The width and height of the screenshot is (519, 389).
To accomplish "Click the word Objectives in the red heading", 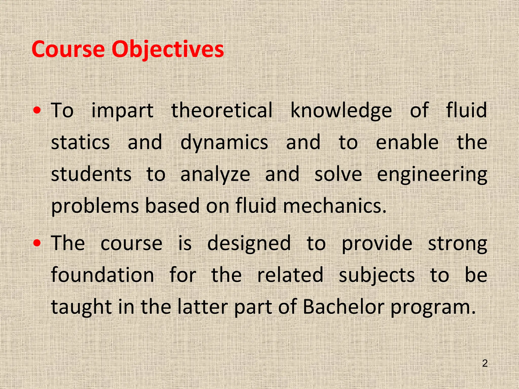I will coord(168,49).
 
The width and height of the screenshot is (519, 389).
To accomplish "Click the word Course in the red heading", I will coord(68,49).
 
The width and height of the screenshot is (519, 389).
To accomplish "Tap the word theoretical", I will coord(222,110).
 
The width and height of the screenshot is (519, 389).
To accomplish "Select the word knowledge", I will coord(341,110).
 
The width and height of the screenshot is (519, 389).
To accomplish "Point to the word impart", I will coord(122,110).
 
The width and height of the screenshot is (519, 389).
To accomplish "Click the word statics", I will coord(80,142).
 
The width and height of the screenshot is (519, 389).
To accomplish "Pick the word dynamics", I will coord(224,142).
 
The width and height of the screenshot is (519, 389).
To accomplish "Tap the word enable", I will coord(407,142).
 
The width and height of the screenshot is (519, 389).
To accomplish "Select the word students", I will coord(91,174).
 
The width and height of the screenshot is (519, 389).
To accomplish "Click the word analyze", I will coord(215,174).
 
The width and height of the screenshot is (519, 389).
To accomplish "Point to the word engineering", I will coord(432,174).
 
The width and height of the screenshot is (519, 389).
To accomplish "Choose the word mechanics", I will coord(335,206).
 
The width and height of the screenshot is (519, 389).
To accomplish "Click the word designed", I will coord(249,243).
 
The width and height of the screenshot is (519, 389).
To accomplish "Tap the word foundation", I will coord(102,275).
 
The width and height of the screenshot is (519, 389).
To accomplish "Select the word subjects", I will coord(377,275).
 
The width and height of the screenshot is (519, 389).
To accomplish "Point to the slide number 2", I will coord(485,363).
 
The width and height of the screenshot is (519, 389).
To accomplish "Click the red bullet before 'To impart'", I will coord(37,110).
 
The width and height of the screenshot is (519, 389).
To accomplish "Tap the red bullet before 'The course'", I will coord(37,243).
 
